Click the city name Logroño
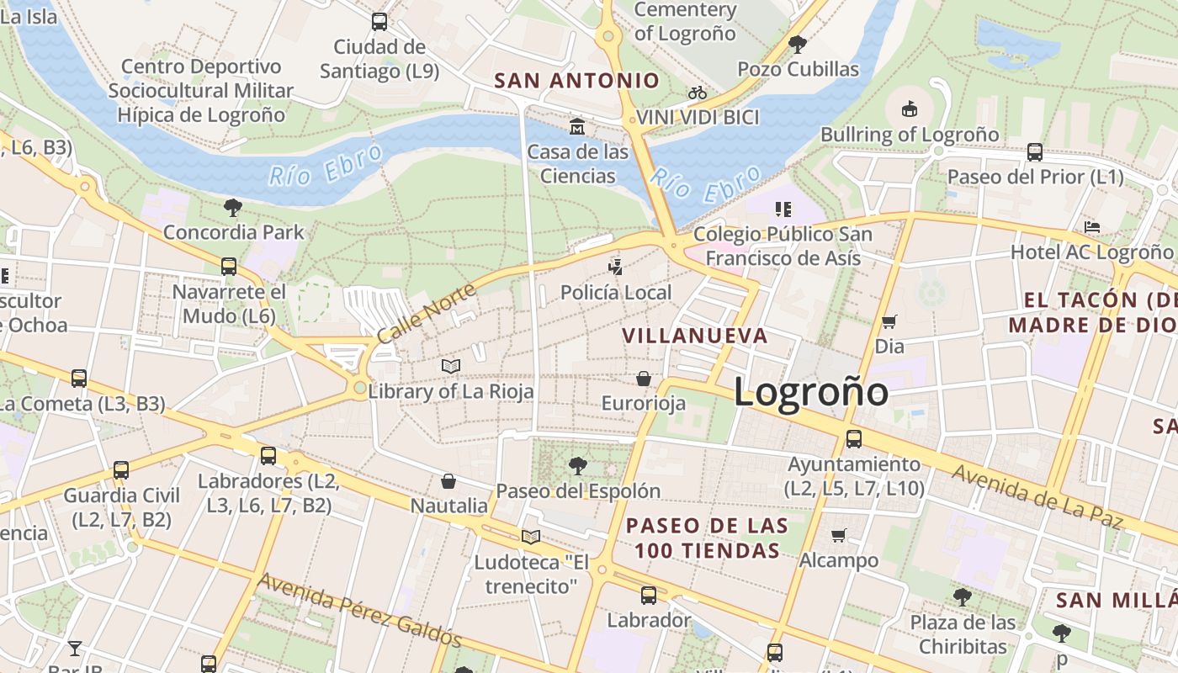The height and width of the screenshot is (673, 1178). (x=810, y=392)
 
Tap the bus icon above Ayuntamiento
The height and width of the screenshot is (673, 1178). (x=854, y=438)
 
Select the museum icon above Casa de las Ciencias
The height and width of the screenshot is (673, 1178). (x=577, y=127)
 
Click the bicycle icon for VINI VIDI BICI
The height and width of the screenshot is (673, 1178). (x=698, y=93)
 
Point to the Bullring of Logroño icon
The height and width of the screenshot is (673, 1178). (x=909, y=109)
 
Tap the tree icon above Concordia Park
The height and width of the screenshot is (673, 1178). (x=233, y=207)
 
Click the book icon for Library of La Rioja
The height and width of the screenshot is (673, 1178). (x=451, y=366)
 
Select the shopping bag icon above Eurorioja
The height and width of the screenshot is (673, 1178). (x=644, y=379)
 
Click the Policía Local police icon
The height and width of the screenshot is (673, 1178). (x=616, y=268)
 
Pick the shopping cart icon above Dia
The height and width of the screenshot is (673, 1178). (x=889, y=321)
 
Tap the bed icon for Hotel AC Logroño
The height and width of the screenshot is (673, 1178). (x=1092, y=227)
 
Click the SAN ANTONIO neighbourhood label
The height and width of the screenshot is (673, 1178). (x=576, y=81)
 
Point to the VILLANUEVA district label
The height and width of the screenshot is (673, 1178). (x=695, y=336)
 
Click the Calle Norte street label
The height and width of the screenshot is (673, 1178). (x=426, y=313)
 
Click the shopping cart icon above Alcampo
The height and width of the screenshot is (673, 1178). (x=838, y=535)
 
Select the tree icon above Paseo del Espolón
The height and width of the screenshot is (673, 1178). (x=577, y=465)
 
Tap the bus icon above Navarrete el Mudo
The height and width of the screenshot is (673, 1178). (x=229, y=267)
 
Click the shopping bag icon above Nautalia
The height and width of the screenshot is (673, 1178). (x=448, y=481)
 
